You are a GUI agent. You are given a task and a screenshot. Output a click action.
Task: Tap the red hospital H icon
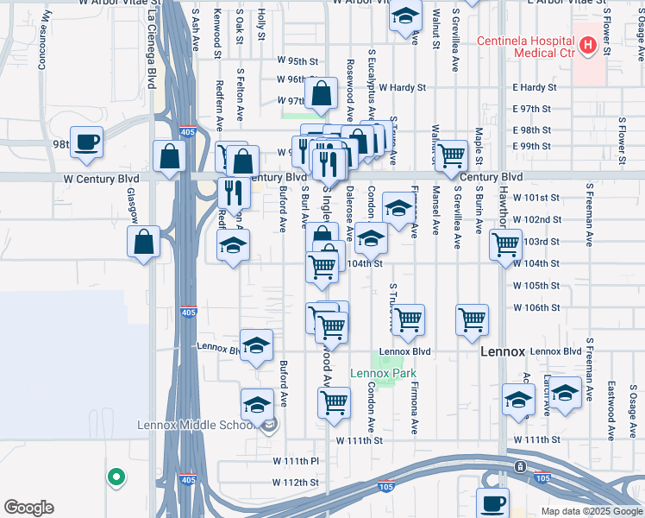click(588, 45)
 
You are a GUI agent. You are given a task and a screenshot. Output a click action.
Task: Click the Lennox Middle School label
click(197, 424)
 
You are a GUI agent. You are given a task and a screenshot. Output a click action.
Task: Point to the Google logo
click(28, 508)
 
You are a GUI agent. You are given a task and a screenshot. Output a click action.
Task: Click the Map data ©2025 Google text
click(591, 511)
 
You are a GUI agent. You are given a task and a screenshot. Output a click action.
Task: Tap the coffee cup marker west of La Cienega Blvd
click(86, 142)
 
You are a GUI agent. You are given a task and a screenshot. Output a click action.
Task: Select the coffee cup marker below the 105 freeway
click(493, 503)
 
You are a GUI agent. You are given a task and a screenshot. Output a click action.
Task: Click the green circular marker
click(115, 476)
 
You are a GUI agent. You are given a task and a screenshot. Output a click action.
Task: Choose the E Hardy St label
click(532, 87)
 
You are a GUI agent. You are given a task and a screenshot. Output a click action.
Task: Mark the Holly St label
click(260, 26)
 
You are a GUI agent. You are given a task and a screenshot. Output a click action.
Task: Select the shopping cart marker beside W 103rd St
click(506, 243)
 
